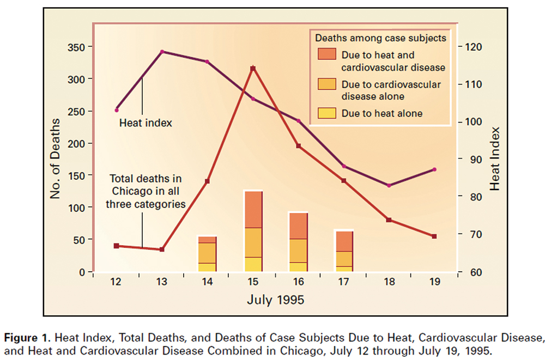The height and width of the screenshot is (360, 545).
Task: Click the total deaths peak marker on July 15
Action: pos(253,69)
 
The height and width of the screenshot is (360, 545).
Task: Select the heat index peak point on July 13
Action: pos(162,52)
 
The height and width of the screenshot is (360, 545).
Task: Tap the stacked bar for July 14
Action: pos(207,254)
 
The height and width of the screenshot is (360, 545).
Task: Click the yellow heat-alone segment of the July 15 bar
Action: pos(253,264)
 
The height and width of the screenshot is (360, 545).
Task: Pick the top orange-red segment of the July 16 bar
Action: pos(298,225)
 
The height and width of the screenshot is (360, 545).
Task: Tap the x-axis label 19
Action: pos(434,283)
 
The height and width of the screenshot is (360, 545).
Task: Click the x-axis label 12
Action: pos(116,283)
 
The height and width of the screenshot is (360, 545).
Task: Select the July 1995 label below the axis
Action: pos(275,300)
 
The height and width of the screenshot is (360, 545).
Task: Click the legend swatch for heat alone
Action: pos(326,114)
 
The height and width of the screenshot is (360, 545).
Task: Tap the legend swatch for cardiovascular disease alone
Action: pos(326,84)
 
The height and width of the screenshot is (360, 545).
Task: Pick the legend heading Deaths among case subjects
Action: pos(380,38)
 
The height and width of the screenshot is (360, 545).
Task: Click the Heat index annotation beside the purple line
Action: pos(146,123)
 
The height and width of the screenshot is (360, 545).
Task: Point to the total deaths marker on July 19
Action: pos(434,236)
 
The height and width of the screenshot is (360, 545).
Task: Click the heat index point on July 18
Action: pos(389,186)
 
